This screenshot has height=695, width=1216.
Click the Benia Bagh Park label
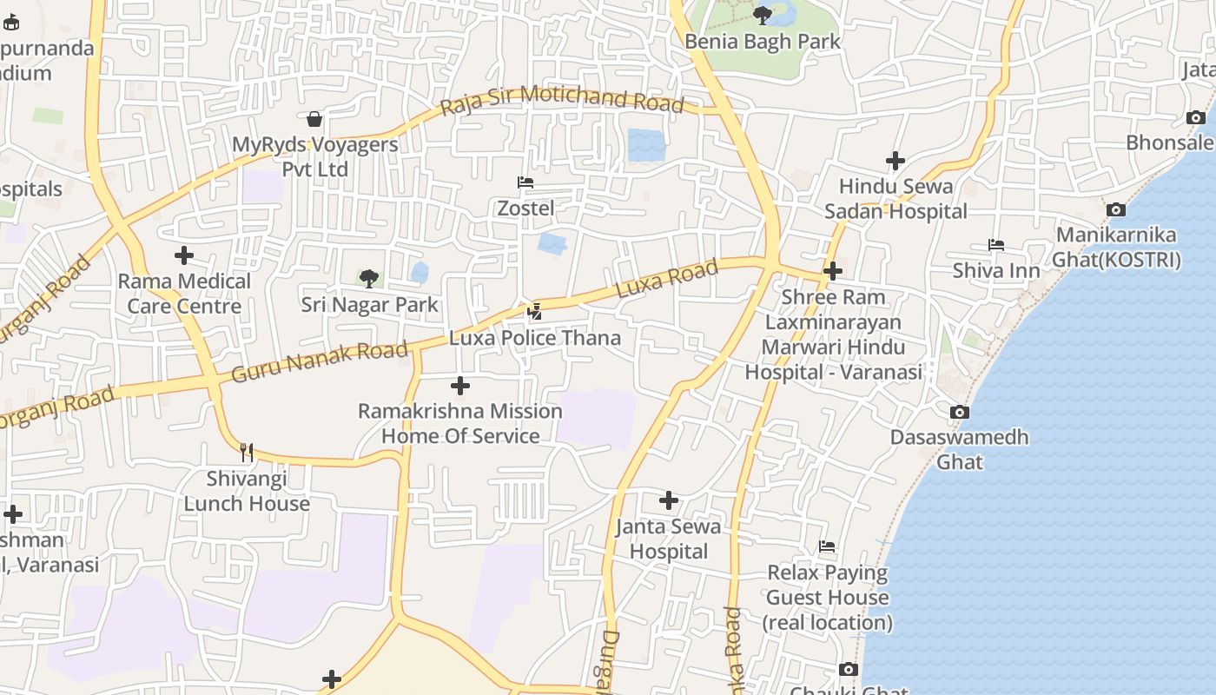pyautogui.click(x=763, y=41)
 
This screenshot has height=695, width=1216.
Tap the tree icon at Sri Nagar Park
pyautogui.click(x=369, y=279)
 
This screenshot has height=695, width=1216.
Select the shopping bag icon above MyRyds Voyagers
pyautogui.click(x=314, y=118)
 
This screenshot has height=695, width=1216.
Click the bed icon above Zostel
pyautogui.click(x=525, y=182)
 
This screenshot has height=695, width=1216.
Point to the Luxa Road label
pyautogui.click(x=667, y=279)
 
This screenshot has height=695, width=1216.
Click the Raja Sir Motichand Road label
pyautogui.click(x=562, y=100)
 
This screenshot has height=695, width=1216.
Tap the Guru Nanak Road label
pyautogui.click(x=320, y=361)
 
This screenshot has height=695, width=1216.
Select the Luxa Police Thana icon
pyautogui.click(x=535, y=312)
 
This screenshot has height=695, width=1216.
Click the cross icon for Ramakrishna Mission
pyautogui.click(x=460, y=386)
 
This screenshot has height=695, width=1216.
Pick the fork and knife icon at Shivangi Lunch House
pyautogui.click(x=247, y=452)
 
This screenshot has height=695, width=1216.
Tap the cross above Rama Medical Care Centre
pyautogui.click(x=184, y=255)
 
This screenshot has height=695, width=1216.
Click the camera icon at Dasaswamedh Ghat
pyautogui.click(x=960, y=412)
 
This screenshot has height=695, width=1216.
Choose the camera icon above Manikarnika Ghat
pyautogui.click(x=1116, y=209)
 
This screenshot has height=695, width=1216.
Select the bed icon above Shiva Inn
pyautogui.click(x=996, y=246)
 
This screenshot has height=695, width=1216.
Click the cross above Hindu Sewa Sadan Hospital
pyautogui.click(x=895, y=161)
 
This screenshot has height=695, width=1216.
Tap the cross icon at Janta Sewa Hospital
pyautogui.click(x=669, y=500)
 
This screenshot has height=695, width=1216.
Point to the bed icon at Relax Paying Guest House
pyautogui.click(x=827, y=546)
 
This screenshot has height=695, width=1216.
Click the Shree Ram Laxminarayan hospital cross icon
pyautogui.click(x=833, y=271)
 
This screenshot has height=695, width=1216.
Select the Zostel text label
pyautogui.click(x=525, y=208)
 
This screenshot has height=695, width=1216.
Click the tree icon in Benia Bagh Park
pyautogui.click(x=763, y=15)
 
